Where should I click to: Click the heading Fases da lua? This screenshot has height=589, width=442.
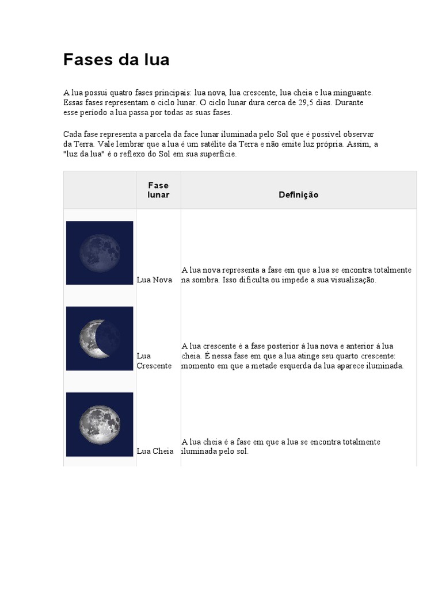[x=116, y=60]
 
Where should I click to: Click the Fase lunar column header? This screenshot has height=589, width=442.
[x=158, y=190]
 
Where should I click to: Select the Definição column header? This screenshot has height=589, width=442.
[x=298, y=195]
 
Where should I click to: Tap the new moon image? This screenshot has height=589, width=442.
[x=100, y=253]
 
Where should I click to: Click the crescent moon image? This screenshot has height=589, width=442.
[x=100, y=338]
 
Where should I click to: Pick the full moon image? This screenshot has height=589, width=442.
[x=100, y=424]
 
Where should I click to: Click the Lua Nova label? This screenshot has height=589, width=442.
[x=154, y=280]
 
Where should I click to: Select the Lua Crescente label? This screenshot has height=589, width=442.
[x=154, y=361]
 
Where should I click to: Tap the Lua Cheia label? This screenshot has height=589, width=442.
[x=155, y=452]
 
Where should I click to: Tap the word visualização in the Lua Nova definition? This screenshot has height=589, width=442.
[x=351, y=280]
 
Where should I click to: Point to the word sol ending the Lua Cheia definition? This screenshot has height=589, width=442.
[x=241, y=452]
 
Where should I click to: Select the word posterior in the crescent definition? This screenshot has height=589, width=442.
[x=264, y=346]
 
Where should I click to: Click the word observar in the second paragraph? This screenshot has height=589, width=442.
[x=359, y=134]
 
